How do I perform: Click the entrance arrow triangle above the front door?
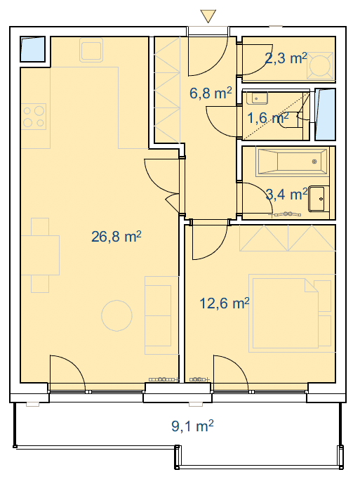click(208, 15)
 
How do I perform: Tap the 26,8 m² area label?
click(116, 237)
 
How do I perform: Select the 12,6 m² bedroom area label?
click(225, 303)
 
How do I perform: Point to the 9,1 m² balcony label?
click(192, 426)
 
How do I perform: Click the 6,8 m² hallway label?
click(211, 93)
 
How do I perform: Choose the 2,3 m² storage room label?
click(286, 58)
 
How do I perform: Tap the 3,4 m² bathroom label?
click(286, 195)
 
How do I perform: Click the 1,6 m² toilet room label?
click(268, 118)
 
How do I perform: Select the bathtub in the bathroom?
click(292, 162)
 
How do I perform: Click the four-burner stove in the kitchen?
click(34, 117)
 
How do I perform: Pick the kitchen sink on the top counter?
click(91, 50)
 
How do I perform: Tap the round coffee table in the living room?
click(116, 315)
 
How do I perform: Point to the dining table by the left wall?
click(40, 255)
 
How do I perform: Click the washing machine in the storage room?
click(320, 65)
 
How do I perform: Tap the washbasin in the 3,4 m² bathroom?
click(319, 199)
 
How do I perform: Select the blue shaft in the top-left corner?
click(32, 49)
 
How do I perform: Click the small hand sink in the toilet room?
click(257, 98)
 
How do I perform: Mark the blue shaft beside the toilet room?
click(326, 114)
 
